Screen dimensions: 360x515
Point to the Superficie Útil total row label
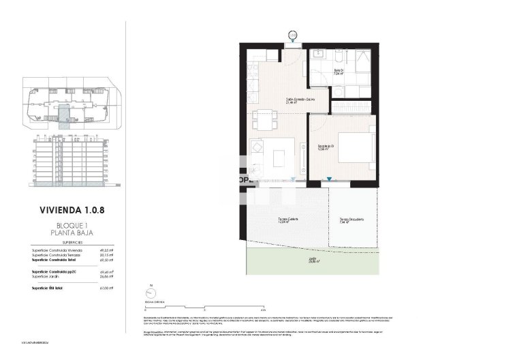pyautogui.click(x=49, y=288)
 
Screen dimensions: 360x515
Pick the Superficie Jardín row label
pyautogui.click(x=46, y=277)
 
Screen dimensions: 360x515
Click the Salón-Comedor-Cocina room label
pyautogui.click(x=300, y=100)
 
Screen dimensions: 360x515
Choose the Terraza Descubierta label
pyautogui.click(x=352, y=220)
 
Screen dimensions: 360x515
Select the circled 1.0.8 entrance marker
pyautogui.click(x=293, y=34)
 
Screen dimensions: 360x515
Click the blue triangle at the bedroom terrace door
pyautogui.click(x=330, y=179)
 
